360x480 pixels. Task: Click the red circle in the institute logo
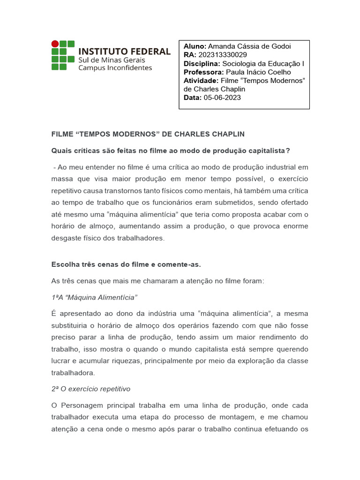[x=55, y=44]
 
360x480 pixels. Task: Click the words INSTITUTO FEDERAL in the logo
[x=124, y=51]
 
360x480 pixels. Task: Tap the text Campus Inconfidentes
[x=115, y=67]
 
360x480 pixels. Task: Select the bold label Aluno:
[x=195, y=46]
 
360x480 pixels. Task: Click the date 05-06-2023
[x=222, y=97]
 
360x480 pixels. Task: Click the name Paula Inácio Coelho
[x=258, y=72]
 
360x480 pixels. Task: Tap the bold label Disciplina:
[x=202, y=64]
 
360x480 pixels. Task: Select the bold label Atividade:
[x=201, y=81]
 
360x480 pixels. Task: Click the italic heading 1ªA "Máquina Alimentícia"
[x=95, y=298]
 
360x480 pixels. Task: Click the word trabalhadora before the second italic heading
[x=73, y=373]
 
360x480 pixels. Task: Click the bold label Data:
[x=193, y=97]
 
